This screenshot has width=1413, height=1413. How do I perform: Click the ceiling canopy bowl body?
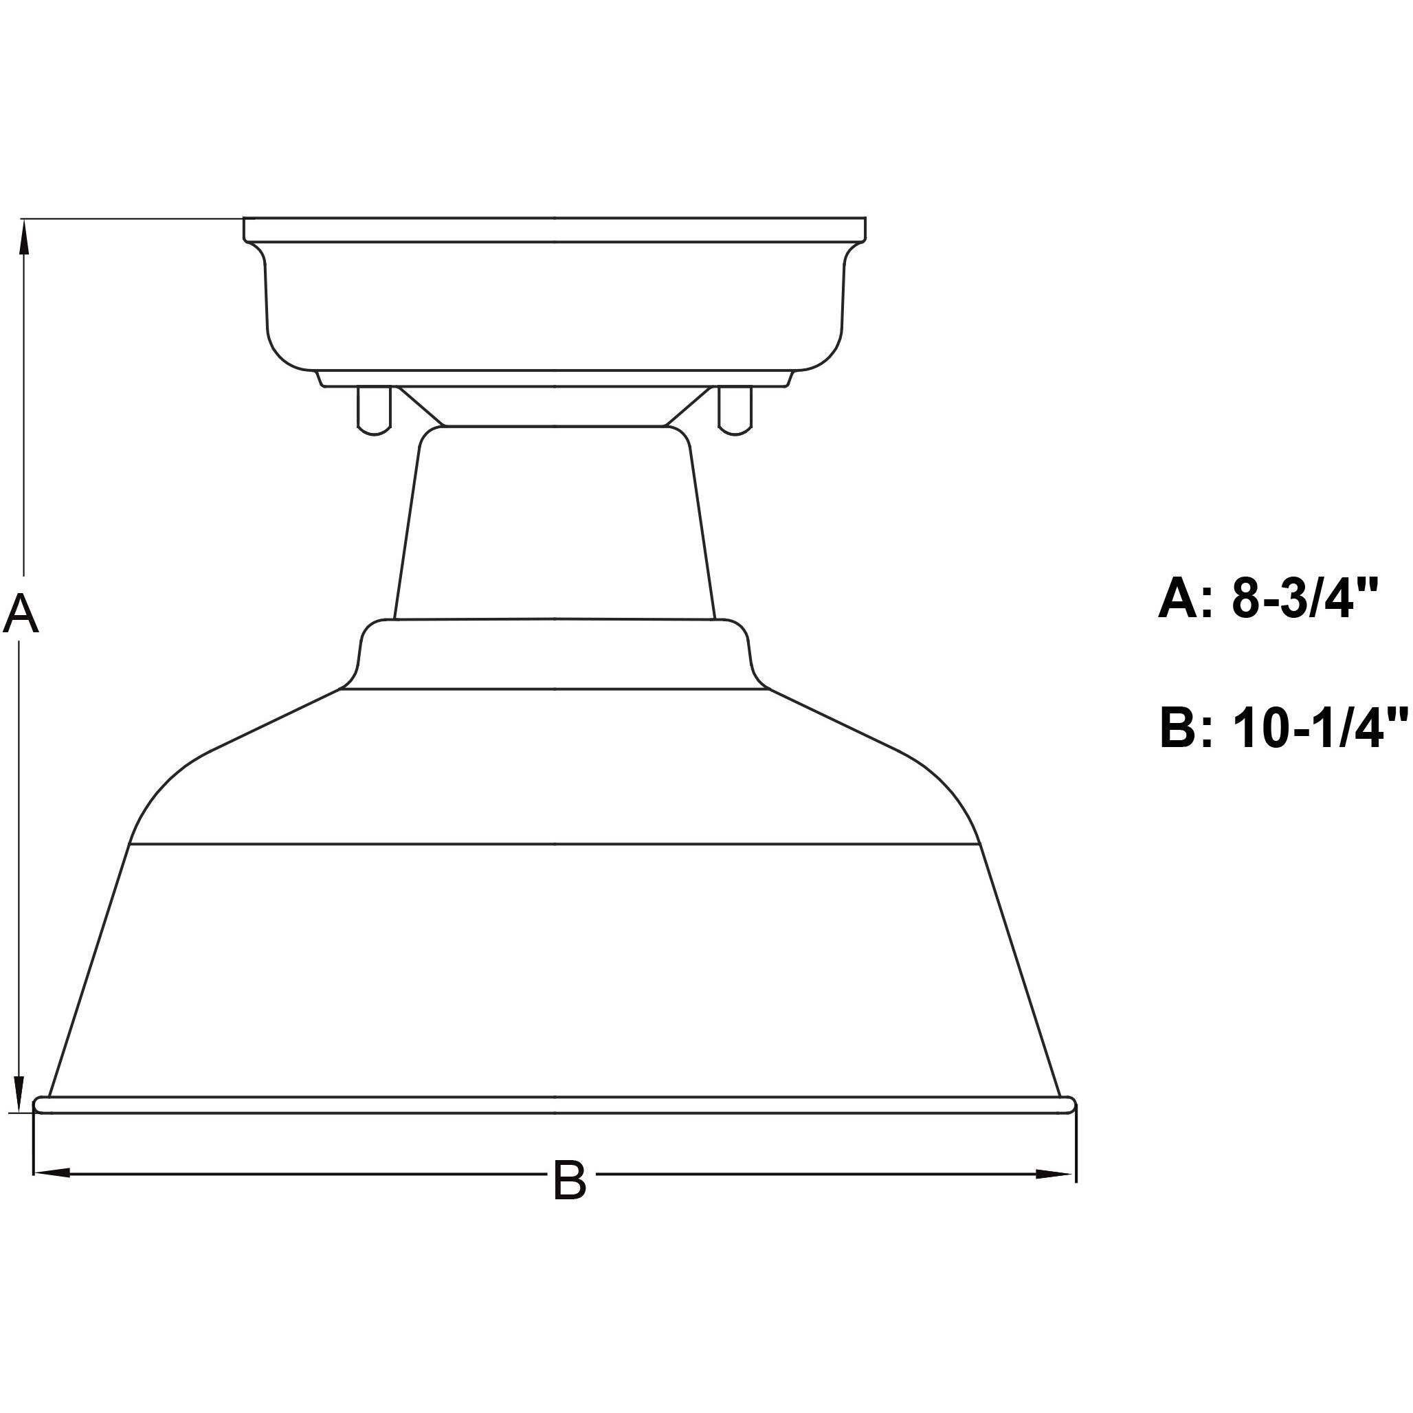pos(555,307)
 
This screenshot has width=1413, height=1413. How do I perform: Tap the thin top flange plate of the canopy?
pos(555,230)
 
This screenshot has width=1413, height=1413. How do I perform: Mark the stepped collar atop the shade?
pos(555,654)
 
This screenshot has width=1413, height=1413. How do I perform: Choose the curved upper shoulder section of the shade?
pos(555,768)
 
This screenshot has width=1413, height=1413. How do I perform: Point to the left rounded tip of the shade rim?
pos(41,1104)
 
